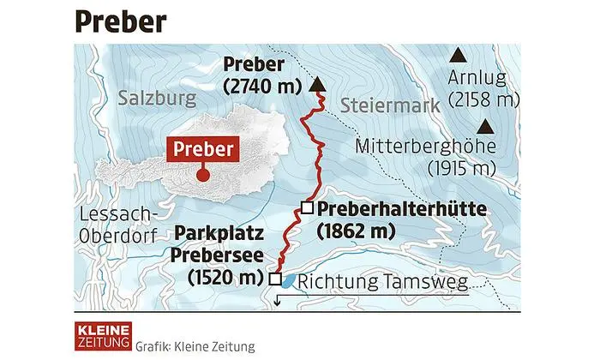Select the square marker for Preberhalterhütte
(x=306, y=206)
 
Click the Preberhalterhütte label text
(x=401, y=208)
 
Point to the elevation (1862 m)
(x=356, y=230)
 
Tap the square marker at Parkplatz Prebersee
(x=274, y=279)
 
